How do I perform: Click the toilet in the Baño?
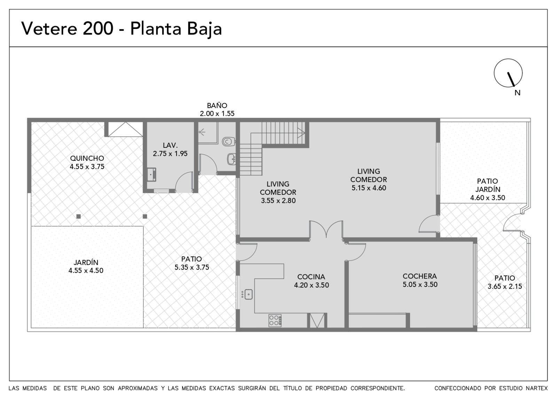point(228,142)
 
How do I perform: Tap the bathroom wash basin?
point(231,159)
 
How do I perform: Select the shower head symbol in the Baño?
point(202,131)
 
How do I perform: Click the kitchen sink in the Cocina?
point(248,294)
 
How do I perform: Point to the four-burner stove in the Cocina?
point(275,320)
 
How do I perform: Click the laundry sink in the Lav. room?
point(151,175)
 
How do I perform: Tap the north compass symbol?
point(508,73)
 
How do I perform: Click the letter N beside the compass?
point(517,93)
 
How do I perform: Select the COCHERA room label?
point(420,276)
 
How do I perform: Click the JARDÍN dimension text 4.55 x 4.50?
point(86,271)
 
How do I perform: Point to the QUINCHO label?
point(87,158)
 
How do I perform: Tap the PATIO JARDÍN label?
point(488,185)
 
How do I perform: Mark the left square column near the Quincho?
point(79,217)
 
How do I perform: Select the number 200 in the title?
point(98,28)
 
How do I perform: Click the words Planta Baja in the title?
point(176,29)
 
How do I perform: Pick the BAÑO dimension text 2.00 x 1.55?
point(217,114)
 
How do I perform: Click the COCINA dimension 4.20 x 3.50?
point(311,285)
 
